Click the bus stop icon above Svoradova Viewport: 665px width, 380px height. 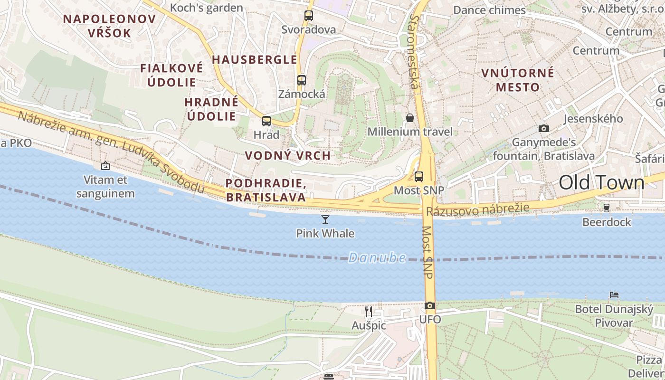(x=309, y=16)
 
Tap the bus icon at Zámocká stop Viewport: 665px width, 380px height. (x=302, y=80)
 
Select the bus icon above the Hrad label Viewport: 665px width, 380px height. (x=266, y=121)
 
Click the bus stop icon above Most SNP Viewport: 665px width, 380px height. (x=419, y=177)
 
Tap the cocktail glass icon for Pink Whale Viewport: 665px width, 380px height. (x=325, y=219)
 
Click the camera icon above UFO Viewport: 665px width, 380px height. (x=430, y=305)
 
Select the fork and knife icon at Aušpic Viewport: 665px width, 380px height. (x=369, y=312)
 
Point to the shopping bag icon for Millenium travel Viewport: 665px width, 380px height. (x=410, y=118)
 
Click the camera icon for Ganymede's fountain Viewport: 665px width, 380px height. (x=544, y=128)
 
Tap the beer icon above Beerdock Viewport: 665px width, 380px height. (x=607, y=208)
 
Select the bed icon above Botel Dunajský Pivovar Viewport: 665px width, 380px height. (x=614, y=295)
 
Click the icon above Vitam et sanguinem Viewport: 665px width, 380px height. (x=105, y=166)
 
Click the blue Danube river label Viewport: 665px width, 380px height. (x=377, y=258)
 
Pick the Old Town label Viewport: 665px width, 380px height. (x=601, y=182)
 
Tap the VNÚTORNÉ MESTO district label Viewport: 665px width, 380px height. (x=518, y=80)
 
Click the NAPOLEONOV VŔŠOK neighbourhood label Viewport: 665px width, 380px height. (x=109, y=26)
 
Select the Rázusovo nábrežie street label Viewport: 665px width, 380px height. (x=477, y=209)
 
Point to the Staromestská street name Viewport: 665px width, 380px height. (x=415, y=52)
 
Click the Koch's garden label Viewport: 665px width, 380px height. (x=206, y=8)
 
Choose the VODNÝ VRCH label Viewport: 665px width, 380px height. (x=287, y=155)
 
